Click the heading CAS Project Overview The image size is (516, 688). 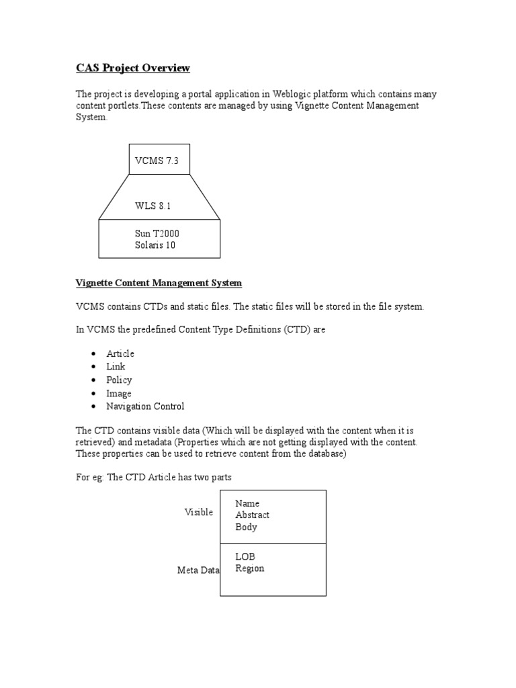(x=132, y=68)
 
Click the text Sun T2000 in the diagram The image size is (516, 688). (x=157, y=233)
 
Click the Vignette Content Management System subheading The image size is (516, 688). (x=159, y=284)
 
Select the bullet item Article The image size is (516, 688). (x=120, y=353)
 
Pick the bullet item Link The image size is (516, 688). (x=116, y=367)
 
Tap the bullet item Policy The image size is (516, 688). (x=119, y=380)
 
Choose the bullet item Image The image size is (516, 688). (x=119, y=394)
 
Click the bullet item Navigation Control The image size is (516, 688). (x=145, y=406)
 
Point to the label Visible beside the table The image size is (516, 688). (x=199, y=512)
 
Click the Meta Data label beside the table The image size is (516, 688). (x=198, y=570)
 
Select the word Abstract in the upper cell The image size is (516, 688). (x=252, y=515)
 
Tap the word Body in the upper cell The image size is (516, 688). (x=246, y=527)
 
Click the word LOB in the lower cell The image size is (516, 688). (x=245, y=557)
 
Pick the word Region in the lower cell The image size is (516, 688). (x=249, y=569)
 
